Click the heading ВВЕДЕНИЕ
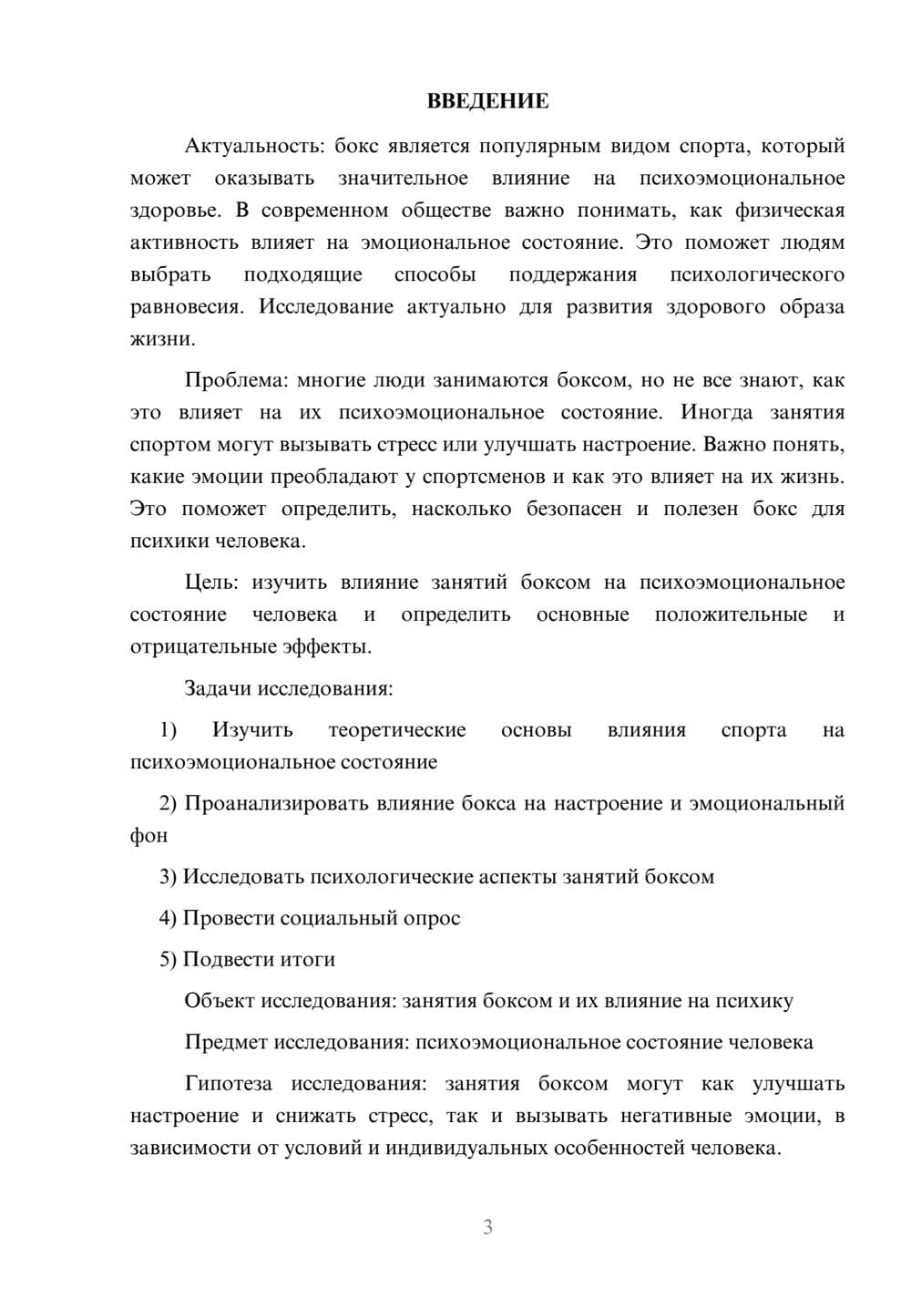click(x=487, y=101)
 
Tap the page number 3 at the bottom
click(x=487, y=1227)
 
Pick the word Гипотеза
click(x=228, y=1084)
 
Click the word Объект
click(x=220, y=1001)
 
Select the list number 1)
click(x=168, y=729)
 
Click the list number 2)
click(x=168, y=803)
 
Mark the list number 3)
click(x=168, y=877)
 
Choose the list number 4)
click(x=168, y=918)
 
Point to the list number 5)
click(x=168, y=959)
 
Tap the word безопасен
click(x=574, y=509)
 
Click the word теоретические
click(x=397, y=729)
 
